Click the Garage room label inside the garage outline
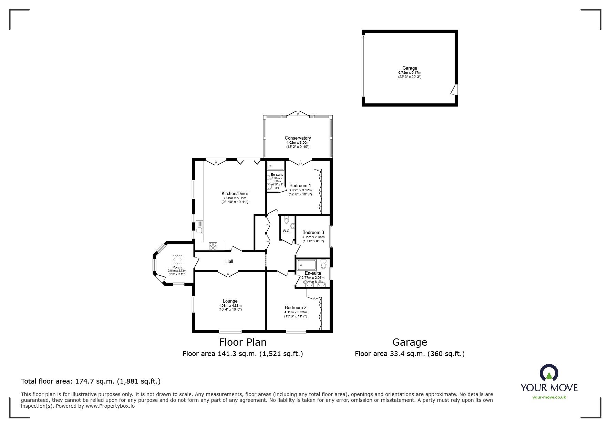pyautogui.click(x=410, y=68)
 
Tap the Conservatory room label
pyautogui.click(x=298, y=138)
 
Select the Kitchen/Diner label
pyautogui.click(x=235, y=194)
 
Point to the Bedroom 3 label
pyautogui.click(x=313, y=233)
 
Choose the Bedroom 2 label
pyautogui.click(x=296, y=308)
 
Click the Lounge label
pyautogui.click(x=230, y=301)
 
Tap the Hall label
pyautogui.click(x=229, y=261)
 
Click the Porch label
pyautogui.click(x=177, y=267)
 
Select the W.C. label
pyautogui.click(x=286, y=231)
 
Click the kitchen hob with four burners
pyautogui.click(x=213, y=246)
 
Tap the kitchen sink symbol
pyautogui.click(x=199, y=227)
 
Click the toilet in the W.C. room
pyautogui.click(x=292, y=226)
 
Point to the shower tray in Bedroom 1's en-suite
pyautogui.click(x=276, y=166)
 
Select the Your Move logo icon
pyautogui.click(x=549, y=373)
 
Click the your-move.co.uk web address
pyautogui.click(x=549, y=397)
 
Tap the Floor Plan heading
pyautogui.click(x=243, y=342)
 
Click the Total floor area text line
pyautogui.click(x=91, y=381)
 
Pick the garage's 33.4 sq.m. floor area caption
pyautogui.click(x=410, y=354)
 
